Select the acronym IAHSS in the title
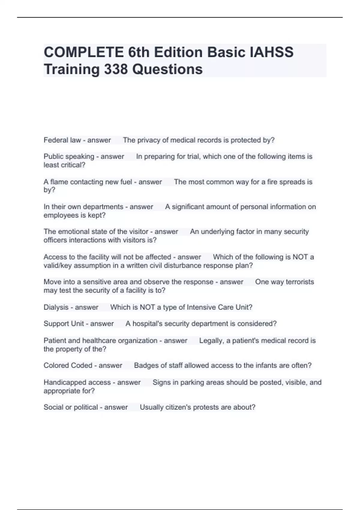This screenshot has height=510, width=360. pyautogui.click(x=271, y=52)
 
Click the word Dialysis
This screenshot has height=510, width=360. pyautogui.click(x=56, y=307)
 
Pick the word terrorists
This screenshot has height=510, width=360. pyautogui.click(x=300, y=282)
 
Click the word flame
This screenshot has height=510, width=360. pyautogui.click(x=59, y=182)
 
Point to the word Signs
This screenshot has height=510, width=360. pyautogui.click(x=161, y=382)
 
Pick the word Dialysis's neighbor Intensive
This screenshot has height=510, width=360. pyautogui.click(x=201, y=307)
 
